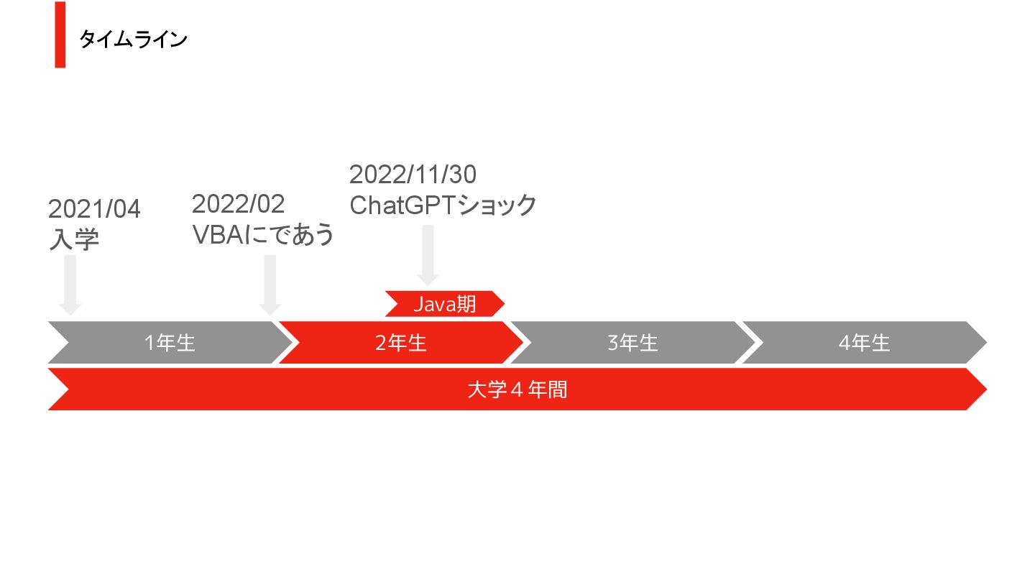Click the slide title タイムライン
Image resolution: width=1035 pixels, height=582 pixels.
pyautogui.click(x=133, y=40)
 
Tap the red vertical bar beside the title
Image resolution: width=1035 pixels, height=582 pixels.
pyautogui.click(x=60, y=34)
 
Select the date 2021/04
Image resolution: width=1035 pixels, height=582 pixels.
pyautogui.click(x=94, y=209)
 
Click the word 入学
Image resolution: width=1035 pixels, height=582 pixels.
pyautogui.click(x=73, y=239)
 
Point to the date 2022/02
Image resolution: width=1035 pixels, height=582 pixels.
pyautogui.click(x=238, y=204)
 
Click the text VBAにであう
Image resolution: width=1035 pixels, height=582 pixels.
pyautogui.click(x=263, y=234)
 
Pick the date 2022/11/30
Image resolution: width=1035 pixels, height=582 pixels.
pyautogui.click(x=413, y=174)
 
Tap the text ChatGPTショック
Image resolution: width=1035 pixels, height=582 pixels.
pyautogui.click(x=443, y=205)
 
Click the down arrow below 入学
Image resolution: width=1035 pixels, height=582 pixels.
pyautogui.click(x=70, y=285)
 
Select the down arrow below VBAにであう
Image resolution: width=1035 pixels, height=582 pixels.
pyautogui.click(x=270, y=285)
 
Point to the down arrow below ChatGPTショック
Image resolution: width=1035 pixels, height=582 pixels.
pyautogui.click(x=428, y=255)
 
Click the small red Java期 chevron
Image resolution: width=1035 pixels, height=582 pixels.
pyautogui.click(x=444, y=304)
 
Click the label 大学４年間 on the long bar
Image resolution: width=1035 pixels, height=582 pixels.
pyautogui.click(x=517, y=389)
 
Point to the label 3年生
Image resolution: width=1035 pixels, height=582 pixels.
pyautogui.click(x=632, y=343)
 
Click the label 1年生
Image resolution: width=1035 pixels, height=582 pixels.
pyautogui.click(x=170, y=343)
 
